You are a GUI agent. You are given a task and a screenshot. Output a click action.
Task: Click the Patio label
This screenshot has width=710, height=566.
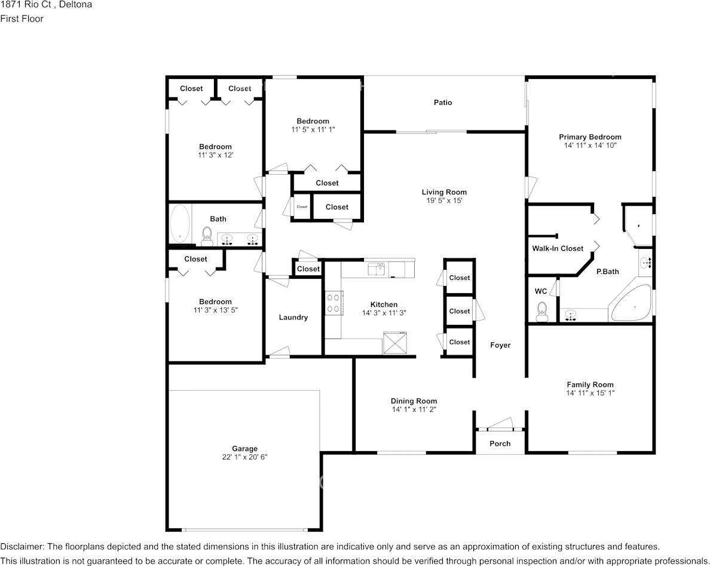coord(443,102)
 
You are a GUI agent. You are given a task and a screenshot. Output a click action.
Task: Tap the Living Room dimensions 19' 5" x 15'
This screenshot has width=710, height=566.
coord(444,200)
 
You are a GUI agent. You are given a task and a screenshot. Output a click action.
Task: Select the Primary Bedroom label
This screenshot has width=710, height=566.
coord(590,137)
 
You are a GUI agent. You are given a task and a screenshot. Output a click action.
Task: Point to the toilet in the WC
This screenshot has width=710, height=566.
coord(541,312)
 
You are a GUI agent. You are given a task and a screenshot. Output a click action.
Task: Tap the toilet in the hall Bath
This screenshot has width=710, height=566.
coord(207,236)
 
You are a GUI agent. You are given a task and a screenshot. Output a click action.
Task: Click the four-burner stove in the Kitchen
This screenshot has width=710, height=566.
coord(333,303)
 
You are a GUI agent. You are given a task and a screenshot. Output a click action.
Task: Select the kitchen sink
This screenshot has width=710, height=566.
coord(377,269)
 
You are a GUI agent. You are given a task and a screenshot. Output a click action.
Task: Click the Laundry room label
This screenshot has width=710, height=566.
coord(293,317)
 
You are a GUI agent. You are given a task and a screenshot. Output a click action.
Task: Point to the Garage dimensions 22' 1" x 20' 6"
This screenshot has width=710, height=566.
coord(244,457)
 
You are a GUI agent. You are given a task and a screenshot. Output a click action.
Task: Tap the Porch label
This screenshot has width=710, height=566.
coord(500,444)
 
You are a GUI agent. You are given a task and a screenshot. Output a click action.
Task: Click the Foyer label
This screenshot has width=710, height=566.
coord(500,345)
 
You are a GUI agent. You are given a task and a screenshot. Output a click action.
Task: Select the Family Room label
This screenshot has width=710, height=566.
coord(590,384)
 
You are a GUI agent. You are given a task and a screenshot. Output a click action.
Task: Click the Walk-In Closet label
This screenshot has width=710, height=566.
coord(558,248)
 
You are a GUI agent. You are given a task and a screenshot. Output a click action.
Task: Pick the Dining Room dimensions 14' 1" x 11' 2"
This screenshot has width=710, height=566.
coord(414,409)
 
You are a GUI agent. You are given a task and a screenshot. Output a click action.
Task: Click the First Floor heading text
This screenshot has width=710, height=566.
coord(22,19)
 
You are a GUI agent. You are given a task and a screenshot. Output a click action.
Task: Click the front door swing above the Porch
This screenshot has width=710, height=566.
coord(500,424)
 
